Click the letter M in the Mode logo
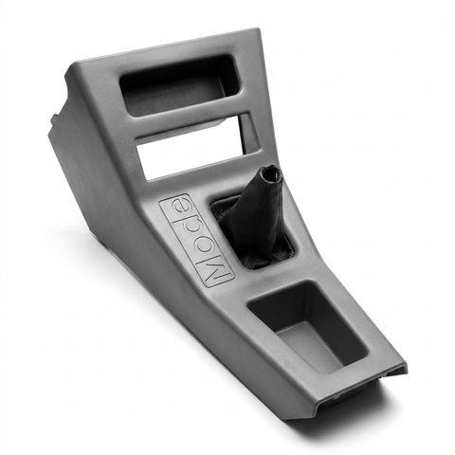(217, 269)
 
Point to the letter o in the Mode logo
(201, 246)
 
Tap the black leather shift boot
(255, 221)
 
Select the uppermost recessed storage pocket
(178, 85)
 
